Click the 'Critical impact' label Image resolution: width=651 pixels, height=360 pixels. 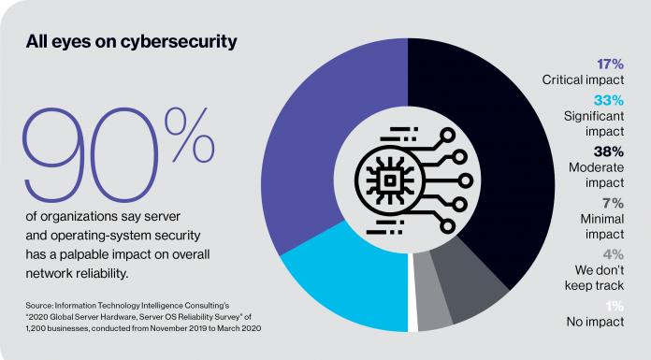589,81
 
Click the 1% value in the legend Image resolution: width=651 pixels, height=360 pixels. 616,308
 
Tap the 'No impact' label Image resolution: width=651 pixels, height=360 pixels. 598,324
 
